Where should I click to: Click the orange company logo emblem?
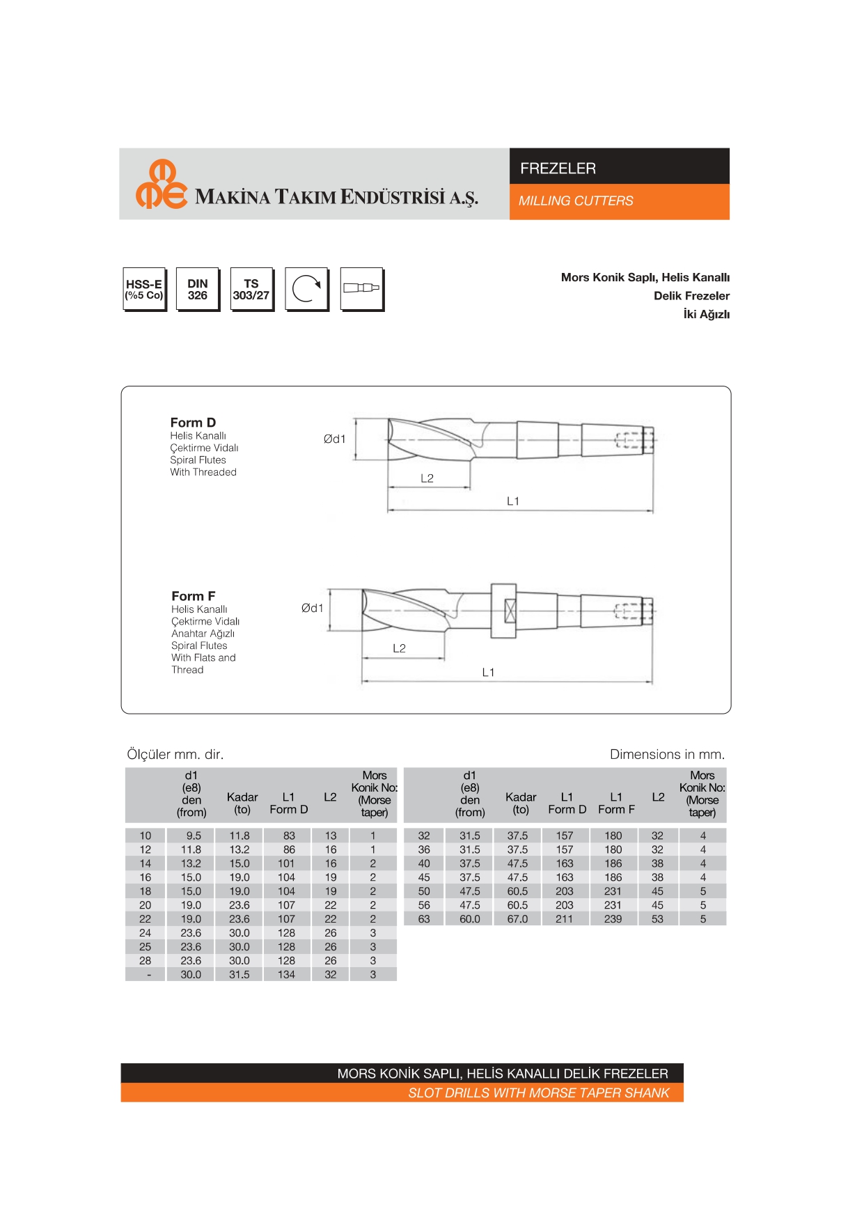point(161,185)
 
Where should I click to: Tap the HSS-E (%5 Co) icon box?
point(144,289)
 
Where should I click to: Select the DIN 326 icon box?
point(198,289)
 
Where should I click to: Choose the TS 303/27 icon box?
point(251,289)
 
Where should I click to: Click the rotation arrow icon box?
point(306,289)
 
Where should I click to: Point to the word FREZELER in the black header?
point(558,169)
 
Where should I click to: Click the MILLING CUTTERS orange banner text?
point(576,201)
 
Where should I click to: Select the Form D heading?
point(193,423)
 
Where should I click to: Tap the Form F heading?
point(193,596)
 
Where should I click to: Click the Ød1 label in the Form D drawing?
point(334,439)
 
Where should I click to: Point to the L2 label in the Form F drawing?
point(399,648)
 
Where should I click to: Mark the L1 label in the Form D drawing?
point(513,501)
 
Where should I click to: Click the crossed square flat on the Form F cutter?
point(510,611)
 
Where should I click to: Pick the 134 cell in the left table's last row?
point(286,975)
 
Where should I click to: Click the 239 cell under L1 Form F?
point(613,919)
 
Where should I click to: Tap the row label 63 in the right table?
point(424,919)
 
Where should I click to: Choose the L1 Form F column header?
point(616,803)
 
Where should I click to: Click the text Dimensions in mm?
point(667,754)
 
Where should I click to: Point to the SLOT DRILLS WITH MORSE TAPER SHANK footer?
point(538,1093)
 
